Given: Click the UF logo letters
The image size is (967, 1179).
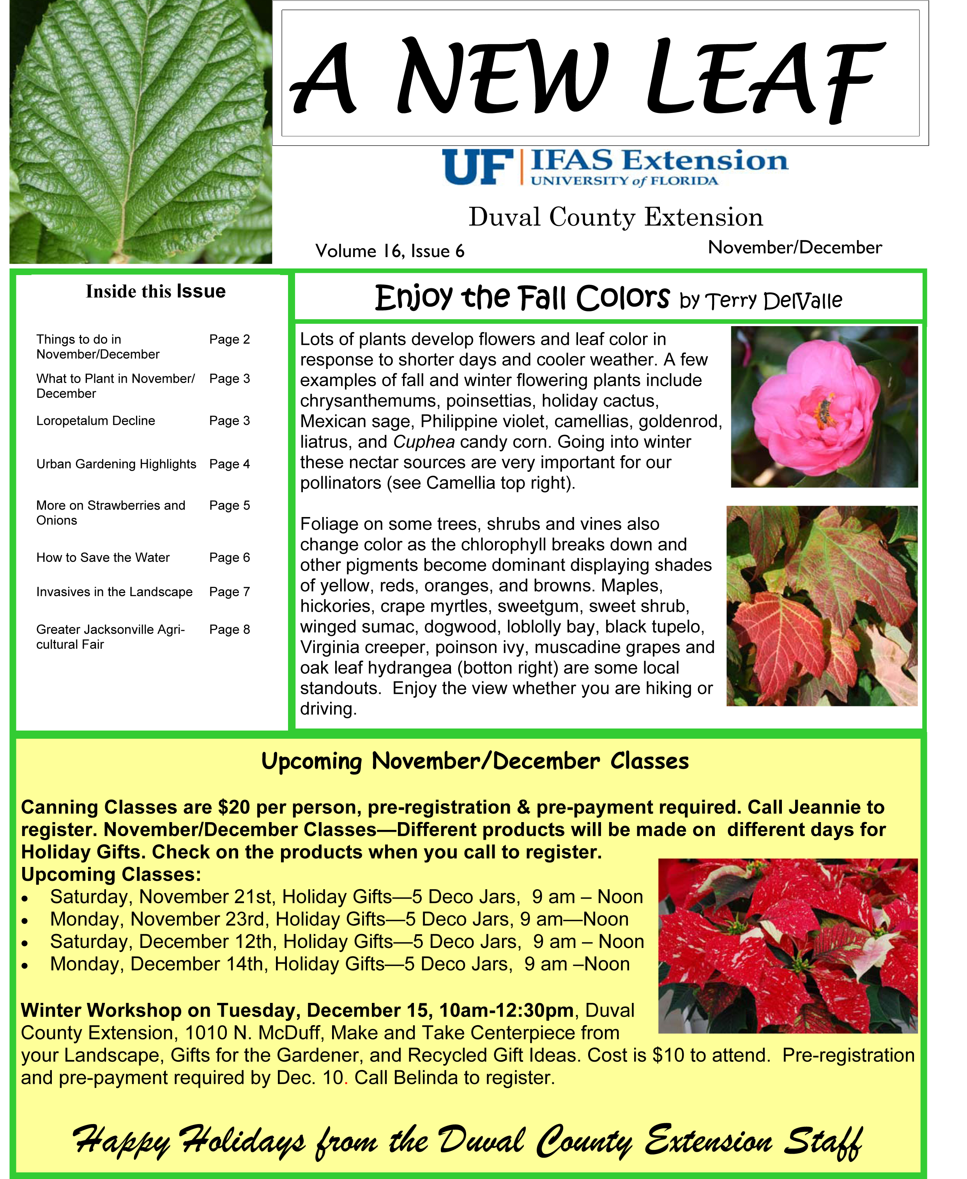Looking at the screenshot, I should (478, 168).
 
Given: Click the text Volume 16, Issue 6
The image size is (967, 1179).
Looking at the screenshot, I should (389, 251).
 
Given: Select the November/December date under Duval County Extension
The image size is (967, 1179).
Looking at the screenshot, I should (794, 247).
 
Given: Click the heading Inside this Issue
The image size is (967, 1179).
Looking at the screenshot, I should (156, 291).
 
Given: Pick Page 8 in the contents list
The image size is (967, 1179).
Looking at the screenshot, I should (230, 629).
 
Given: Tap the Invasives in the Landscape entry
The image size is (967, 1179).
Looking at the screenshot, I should (114, 591).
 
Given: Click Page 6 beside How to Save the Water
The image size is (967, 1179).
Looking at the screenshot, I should (230, 558).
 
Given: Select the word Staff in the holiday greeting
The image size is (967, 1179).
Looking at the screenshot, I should (823, 1141).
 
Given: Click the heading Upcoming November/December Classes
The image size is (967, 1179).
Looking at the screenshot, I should (475, 761).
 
